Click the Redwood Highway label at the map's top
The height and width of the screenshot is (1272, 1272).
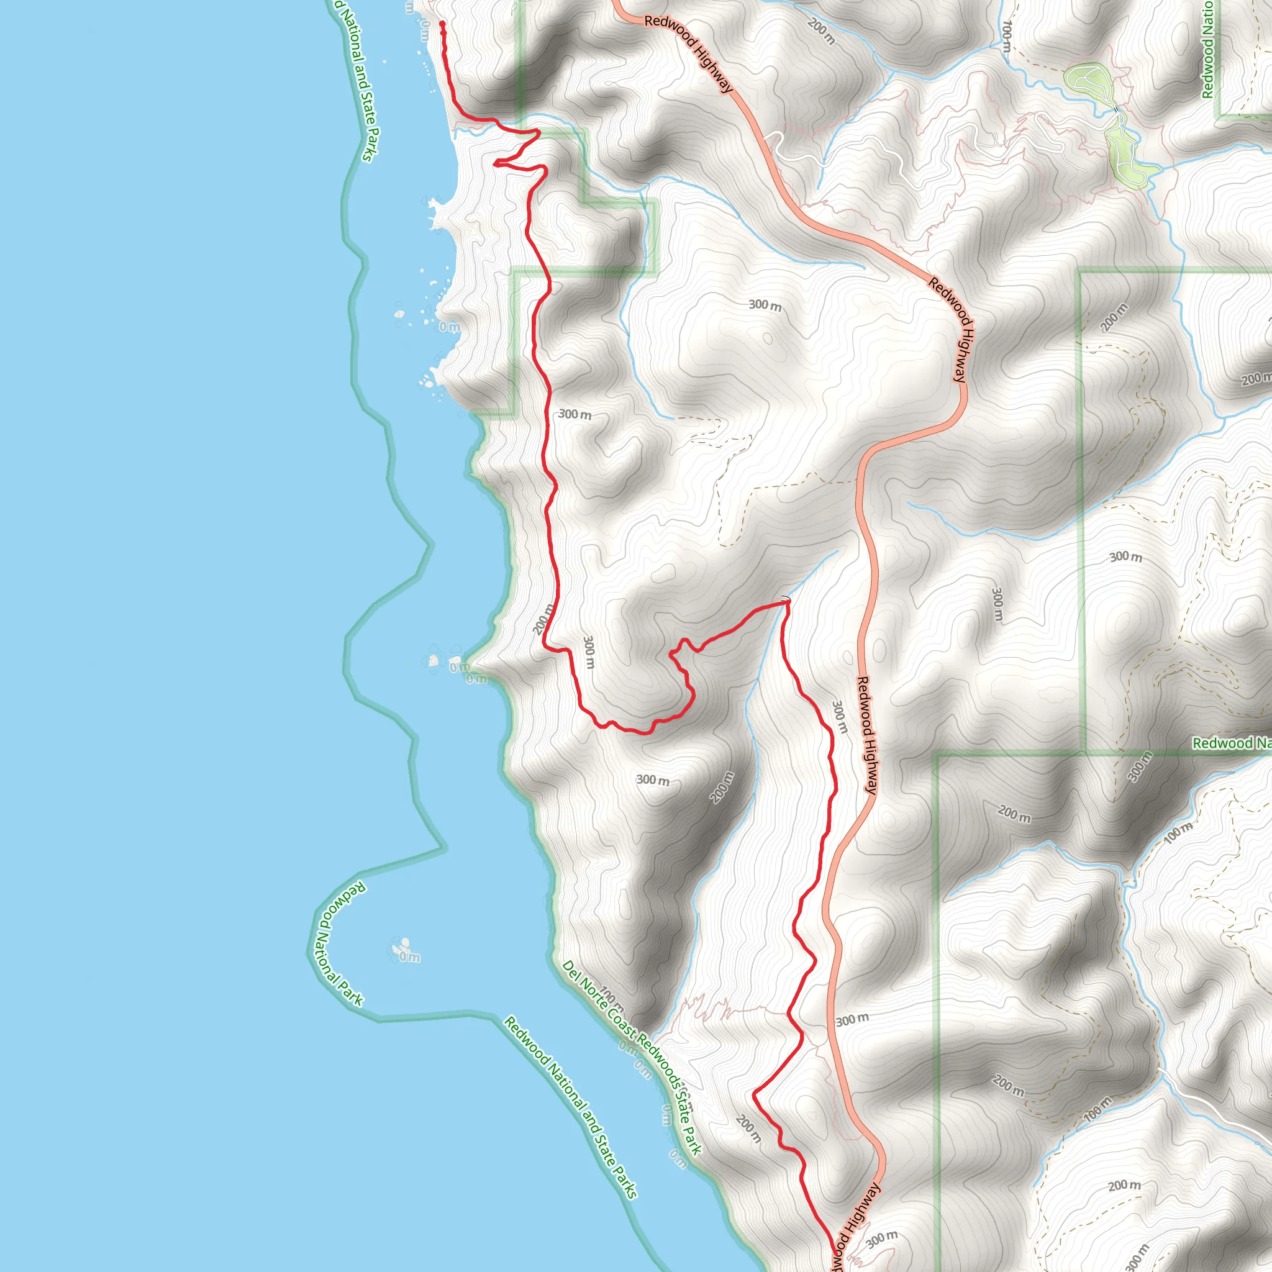688,54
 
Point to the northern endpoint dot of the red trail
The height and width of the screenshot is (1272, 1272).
442,24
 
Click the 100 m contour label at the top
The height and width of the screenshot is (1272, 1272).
1006,36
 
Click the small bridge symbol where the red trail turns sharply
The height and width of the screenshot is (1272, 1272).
786,599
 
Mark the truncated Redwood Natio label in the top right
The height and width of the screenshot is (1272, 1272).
1207,50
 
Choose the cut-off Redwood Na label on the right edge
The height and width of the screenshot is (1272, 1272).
1231,743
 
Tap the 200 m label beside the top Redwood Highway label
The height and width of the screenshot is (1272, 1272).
822,32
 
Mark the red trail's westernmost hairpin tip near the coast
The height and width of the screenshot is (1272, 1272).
495,162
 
